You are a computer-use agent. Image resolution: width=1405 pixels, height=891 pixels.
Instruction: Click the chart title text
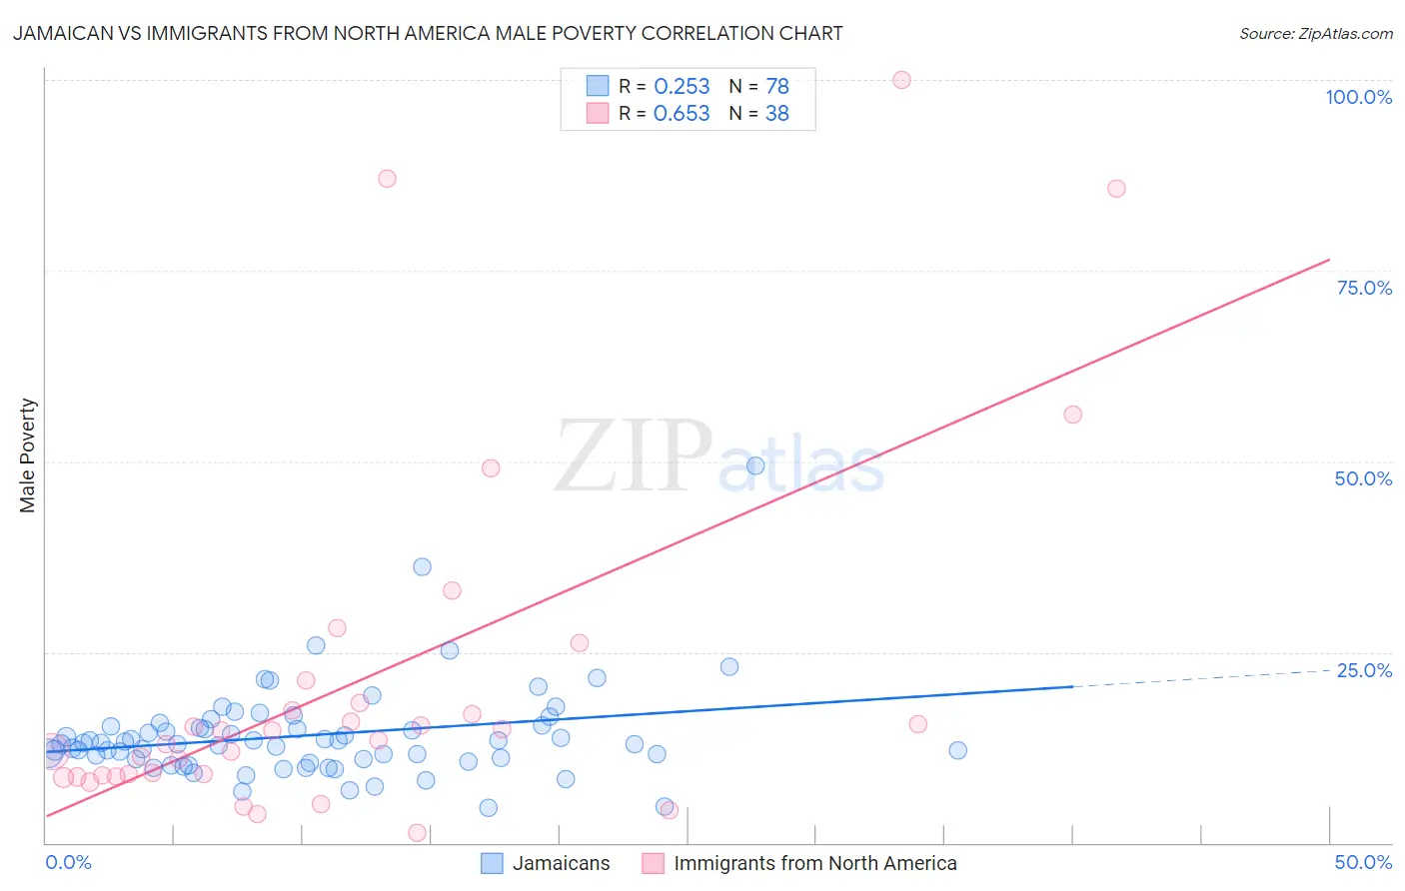[x=428, y=33]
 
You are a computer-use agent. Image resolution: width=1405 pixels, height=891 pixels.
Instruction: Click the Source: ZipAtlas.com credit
[x=1315, y=34]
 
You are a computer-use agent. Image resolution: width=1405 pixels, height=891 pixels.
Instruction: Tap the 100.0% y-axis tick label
[x=1358, y=97]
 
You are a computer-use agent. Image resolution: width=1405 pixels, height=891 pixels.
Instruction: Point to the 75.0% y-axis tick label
[x=1364, y=288]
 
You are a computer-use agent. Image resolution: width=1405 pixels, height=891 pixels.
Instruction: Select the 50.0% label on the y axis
[x=1363, y=478]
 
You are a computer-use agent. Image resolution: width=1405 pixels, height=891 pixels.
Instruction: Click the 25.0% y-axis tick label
[x=1364, y=670]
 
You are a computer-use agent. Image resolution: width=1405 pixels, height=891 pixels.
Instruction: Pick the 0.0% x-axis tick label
[x=68, y=862]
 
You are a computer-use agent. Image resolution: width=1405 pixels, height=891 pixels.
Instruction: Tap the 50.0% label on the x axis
[x=1363, y=862]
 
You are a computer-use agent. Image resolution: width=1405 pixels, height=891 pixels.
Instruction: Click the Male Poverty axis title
[x=28, y=455]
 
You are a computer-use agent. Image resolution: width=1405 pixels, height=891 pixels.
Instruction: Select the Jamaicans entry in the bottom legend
[x=561, y=863]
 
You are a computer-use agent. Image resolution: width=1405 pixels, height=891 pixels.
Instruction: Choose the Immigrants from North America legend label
[x=814, y=863]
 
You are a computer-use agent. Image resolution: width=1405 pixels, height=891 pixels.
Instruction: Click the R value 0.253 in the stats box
[x=682, y=87]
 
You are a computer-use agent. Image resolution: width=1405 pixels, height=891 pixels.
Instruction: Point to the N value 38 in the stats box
[x=776, y=114]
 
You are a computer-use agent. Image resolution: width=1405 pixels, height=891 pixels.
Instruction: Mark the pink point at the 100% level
[x=901, y=80]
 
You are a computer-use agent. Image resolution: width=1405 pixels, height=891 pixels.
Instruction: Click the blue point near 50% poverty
[x=755, y=465]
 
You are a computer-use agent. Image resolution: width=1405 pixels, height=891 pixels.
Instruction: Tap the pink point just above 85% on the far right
[x=1116, y=189]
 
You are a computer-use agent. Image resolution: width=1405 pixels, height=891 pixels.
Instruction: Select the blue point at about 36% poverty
[x=422, y=566]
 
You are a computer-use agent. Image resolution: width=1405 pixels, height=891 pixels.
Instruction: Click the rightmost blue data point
[x=957, y=750]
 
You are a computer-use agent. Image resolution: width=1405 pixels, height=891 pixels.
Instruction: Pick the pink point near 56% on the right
[x=1072, y=415]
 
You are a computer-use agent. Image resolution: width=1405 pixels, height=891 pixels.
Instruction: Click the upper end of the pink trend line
[x=1328, y=260]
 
